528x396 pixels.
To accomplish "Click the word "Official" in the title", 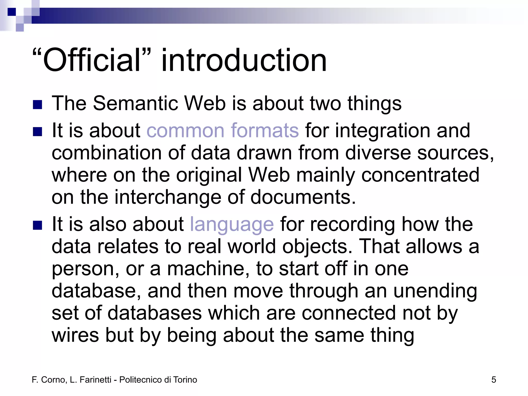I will [92, 60].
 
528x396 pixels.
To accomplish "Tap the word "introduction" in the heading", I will [244, 60].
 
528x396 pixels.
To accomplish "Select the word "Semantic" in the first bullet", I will [136, 103].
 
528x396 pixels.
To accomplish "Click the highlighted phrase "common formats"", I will [223, 130].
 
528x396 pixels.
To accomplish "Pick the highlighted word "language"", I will [232, 224].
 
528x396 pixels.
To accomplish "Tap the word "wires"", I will [75, 335].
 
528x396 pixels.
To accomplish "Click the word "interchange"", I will [168, 197].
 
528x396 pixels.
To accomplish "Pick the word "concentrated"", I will [420, 175].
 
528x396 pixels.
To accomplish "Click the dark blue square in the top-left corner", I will [12, 12].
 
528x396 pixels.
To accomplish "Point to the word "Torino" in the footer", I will [185, 380].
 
